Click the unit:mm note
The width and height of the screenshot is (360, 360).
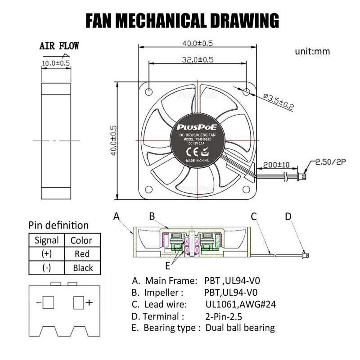[312, 51]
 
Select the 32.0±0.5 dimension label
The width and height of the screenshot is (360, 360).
[197, 59]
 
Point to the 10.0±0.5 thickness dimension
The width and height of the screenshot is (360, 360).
[56, 63]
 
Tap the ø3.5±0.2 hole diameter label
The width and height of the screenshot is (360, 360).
[278, 102]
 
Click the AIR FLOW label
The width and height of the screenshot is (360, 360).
[59, 45]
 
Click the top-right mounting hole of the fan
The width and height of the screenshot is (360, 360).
[247, 92]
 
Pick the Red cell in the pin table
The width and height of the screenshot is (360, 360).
[82, 254]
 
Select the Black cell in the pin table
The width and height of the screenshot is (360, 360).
[82, 268]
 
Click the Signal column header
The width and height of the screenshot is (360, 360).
[46, 240]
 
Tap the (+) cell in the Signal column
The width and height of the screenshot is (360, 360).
[46, 254]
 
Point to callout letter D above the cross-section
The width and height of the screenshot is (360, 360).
[288, 217]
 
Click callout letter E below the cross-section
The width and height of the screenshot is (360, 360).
[167, 264]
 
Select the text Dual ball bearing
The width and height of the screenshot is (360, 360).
[240, 328]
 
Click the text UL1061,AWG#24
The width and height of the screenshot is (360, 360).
[240, 304]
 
